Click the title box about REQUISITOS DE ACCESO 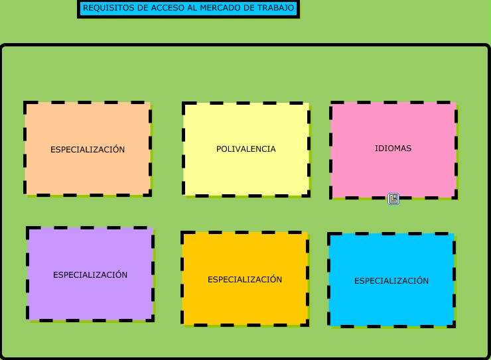[x=188, y=9]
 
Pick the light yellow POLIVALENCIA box [x=246, y=172]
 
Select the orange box [x=245, y=302]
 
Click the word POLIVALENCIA [x=246, y=149]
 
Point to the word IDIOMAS [x=393, y=149]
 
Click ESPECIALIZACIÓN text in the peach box [x=88, y=150]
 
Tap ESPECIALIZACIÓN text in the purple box [x=90, y=275]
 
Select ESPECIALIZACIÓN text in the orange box [x=245, y=280]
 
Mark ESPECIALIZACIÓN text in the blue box [x=391, y=281]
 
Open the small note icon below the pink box [x=393, y=199]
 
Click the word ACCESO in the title [x=161, y=8]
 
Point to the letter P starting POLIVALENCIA [x=219, y=149]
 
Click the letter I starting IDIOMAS [x=376, y=149]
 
